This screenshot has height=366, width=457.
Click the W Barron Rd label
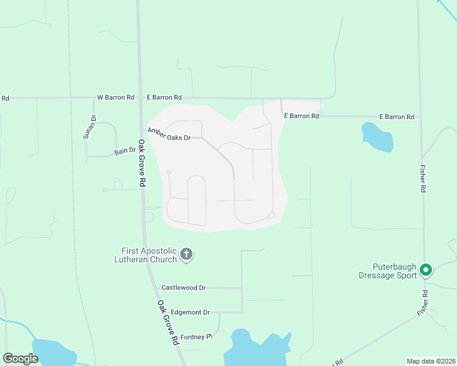point(115,98)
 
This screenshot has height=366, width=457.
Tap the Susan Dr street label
point(92,127)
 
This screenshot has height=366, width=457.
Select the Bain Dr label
point(124,150)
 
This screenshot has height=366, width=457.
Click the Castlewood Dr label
point(183,287)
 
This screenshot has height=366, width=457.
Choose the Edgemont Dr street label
point(189,312)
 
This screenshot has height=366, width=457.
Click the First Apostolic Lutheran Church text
point(149,255)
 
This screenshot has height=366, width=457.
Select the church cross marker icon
point(187,254)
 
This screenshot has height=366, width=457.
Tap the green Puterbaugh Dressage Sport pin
point(426,269)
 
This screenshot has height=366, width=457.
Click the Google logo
point(20,359)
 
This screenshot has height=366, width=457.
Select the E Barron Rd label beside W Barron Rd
point(164,98)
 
